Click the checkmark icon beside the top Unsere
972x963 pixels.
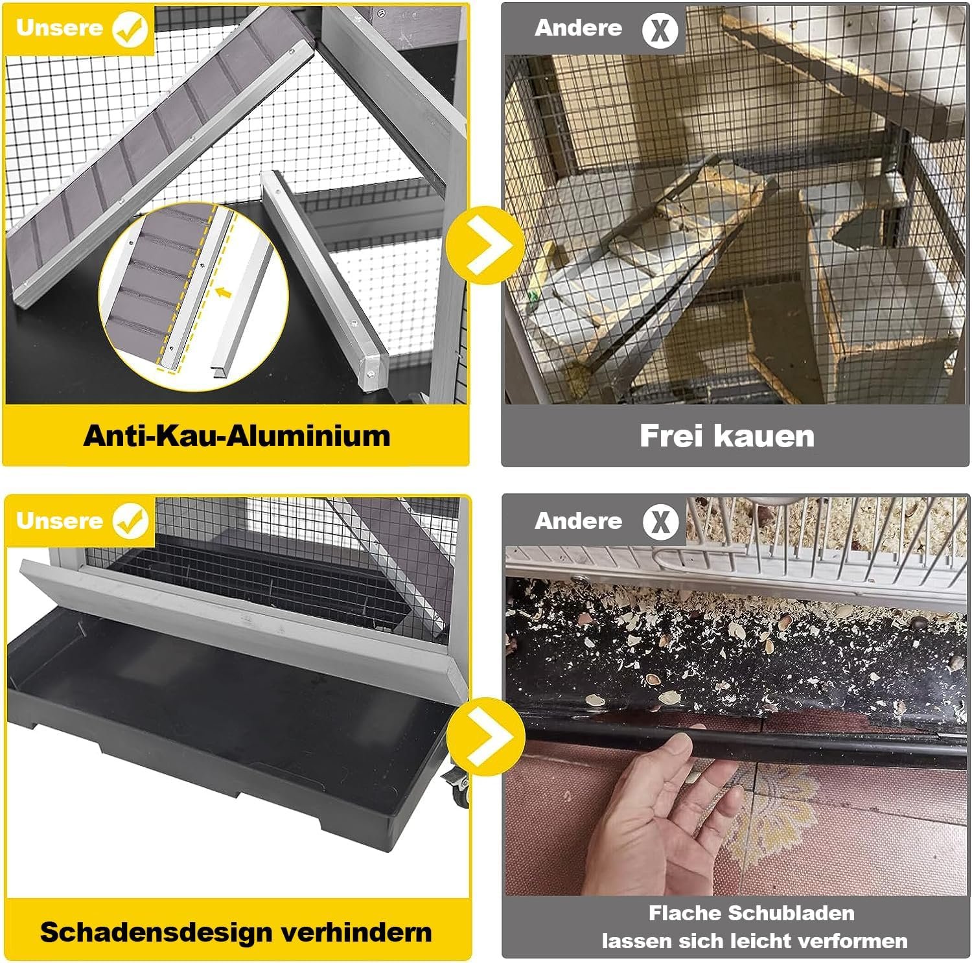click(x=130, y=30)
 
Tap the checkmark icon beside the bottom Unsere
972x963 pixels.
click(x=130, y=522)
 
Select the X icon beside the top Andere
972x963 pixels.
click(x=660, y=30)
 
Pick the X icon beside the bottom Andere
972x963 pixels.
click(x=660, y=522)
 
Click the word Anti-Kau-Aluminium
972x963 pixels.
click(x=237, y=435)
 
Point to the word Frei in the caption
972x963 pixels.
click(x=672, y=435)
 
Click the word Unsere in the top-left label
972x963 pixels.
click(x=60, y=28)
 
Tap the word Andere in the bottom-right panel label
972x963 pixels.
click(x=578, y=520)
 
